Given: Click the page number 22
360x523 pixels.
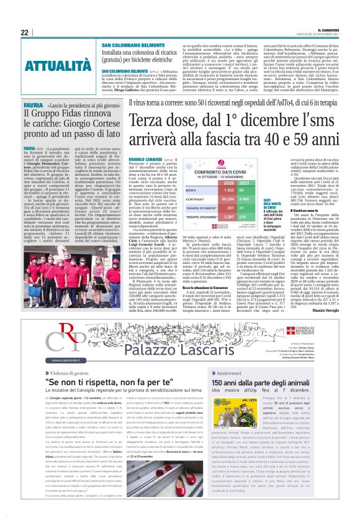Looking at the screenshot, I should [24, 32].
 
